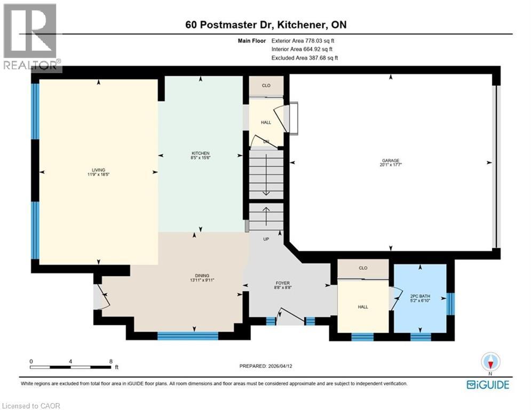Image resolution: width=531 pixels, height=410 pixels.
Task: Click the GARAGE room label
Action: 390,160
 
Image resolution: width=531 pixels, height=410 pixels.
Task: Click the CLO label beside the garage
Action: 266,85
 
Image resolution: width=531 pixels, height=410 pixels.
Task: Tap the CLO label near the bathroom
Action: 363,268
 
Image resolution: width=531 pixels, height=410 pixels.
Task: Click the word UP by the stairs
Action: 266,239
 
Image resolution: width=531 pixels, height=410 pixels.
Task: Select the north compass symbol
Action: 489,362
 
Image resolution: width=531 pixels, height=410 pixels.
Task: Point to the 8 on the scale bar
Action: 110,361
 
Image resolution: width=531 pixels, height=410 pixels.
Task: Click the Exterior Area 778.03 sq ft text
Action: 303,41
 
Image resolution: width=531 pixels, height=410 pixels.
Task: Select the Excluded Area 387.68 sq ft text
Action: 305,58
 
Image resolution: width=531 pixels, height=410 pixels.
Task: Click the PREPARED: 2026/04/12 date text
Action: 265,366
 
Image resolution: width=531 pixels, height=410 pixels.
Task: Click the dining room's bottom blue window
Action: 188,336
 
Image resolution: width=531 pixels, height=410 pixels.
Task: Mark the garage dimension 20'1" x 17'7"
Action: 390,165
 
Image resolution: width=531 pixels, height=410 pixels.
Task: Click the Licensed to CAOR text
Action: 30,406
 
